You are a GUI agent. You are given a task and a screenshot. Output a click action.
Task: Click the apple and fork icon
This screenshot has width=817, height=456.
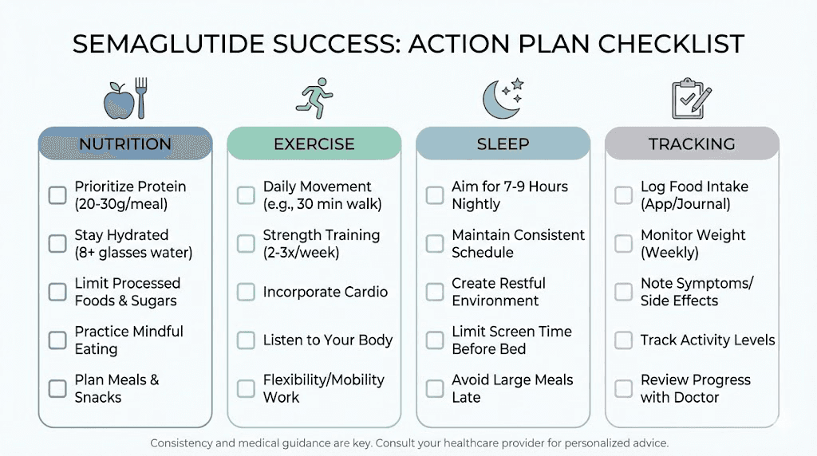point(125,98)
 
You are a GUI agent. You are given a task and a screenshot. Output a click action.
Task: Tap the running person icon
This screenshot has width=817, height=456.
point(314,98)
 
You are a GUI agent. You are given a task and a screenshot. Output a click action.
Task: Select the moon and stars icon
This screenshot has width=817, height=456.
point(503,98)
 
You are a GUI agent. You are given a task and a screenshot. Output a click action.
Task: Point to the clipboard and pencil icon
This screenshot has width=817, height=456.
point(691,98)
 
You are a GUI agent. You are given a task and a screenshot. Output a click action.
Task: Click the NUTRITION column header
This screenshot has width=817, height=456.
point(125,144)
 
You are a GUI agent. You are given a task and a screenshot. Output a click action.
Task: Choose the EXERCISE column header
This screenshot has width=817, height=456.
point(314,144)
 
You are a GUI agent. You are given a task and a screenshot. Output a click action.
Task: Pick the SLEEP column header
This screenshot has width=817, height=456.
point(503,144)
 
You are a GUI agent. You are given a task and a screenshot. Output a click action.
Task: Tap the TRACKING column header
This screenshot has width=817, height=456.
point(692,144)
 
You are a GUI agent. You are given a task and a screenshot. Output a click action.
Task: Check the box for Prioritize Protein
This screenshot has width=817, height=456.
point(57,195)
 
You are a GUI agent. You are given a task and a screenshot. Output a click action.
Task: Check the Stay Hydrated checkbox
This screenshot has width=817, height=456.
point(57,244)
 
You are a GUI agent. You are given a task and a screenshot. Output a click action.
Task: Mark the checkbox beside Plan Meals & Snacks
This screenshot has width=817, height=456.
point(57,389)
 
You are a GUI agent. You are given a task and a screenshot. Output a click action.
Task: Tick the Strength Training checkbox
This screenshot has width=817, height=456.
point(246,244)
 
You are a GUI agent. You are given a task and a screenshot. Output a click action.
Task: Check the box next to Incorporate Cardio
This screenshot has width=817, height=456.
point(246,292)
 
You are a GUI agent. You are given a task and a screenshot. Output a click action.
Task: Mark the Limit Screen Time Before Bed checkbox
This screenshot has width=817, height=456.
point(435,340)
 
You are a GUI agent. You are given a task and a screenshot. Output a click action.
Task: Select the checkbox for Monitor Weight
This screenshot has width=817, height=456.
point(623,244)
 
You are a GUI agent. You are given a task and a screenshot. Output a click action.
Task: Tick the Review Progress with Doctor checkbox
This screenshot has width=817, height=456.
point(623,389)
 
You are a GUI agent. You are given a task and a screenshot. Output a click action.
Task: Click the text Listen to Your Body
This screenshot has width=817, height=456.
point(328,340)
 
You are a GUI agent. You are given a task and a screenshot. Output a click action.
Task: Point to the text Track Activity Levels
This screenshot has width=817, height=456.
point(708,340)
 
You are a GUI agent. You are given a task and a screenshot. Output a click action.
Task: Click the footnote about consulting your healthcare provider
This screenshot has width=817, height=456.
point(408,442)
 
